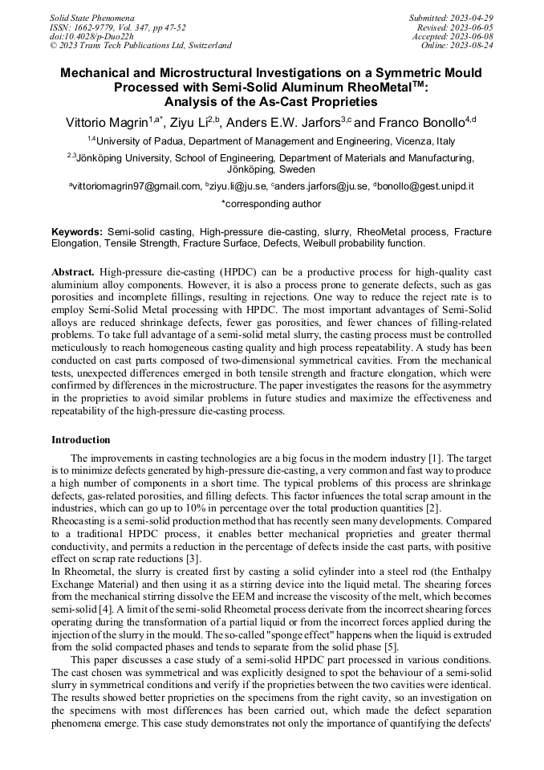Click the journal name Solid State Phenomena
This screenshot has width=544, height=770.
pos(91,17)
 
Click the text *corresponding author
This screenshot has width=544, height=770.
pos(271,204)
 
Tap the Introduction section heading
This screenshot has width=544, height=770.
pos(81,440)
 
